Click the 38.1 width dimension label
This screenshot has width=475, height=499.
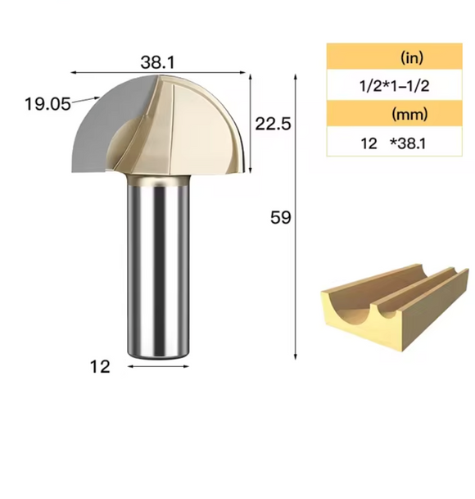click(158, 61)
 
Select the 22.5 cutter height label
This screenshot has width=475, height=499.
click(273, 124)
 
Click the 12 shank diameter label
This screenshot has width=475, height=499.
click(100, 367)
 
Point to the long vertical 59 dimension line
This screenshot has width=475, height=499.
click(296, 217)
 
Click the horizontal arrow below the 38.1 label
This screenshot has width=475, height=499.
click(158, 73)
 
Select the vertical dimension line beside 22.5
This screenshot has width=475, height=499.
click(250, 123)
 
